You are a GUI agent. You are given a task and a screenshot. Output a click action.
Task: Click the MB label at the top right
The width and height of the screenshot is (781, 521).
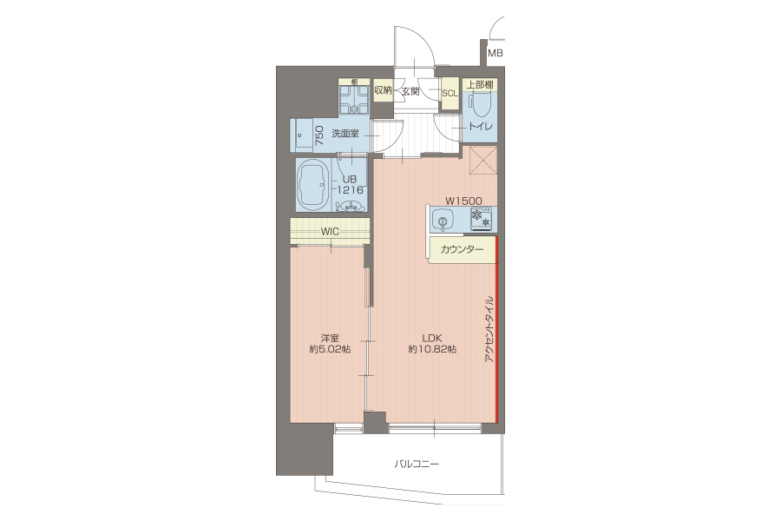496,53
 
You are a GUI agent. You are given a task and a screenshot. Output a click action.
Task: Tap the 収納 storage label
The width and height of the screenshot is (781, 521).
383,90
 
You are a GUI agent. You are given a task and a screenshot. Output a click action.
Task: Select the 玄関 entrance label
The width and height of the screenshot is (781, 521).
411,91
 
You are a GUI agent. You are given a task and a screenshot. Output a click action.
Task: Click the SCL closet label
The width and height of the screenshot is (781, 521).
450,93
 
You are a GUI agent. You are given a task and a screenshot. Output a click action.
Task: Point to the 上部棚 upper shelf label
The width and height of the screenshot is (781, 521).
480,85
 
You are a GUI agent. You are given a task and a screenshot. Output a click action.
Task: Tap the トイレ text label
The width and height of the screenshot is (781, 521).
480,126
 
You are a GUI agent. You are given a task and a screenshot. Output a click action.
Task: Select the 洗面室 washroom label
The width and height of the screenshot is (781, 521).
345,134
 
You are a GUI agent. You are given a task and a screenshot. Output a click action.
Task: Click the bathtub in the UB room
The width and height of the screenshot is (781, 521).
313,186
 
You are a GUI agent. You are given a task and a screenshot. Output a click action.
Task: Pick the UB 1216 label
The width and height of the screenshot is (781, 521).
350,184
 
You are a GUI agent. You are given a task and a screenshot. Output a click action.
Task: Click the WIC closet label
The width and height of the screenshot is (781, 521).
330,231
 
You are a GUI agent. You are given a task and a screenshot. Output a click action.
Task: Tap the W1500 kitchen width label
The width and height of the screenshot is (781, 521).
463,201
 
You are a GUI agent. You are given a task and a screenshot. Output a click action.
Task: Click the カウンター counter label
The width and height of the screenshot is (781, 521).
462,249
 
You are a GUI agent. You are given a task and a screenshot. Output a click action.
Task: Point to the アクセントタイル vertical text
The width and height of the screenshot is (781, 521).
489,329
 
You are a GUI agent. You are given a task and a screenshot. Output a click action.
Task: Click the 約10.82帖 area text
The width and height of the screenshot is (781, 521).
432,349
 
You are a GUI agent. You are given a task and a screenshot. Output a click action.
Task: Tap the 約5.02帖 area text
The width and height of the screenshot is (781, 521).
331,349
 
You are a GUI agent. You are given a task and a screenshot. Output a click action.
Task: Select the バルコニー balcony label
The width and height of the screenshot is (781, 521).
417,465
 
